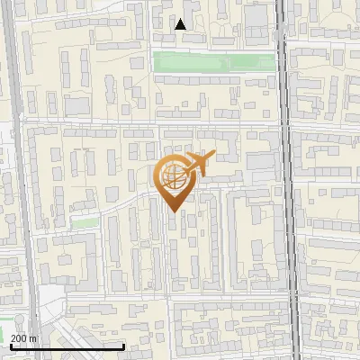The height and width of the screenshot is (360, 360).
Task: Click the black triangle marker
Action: pyautogui.click(x=181, y=24)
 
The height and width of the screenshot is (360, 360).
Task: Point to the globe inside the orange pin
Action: pyautogui.click(x=173, y=175)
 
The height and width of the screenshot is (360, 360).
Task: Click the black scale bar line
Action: pyautogui.click(x=67, y=346)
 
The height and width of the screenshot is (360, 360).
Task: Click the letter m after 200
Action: pyautogui.click(x=34, y=338)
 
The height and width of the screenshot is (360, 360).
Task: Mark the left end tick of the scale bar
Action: pyautogui.click(x=12, y=345)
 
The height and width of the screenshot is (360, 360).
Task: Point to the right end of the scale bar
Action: pyautogui.click(x=123, y=345)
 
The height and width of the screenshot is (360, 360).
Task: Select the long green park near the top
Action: pyautogui.click(x=214, y=61)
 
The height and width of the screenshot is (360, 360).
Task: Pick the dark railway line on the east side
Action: pyautogui.click(x=287, y=180)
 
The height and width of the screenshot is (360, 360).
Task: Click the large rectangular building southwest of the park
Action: pyautogui.click(x=77, y=106)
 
